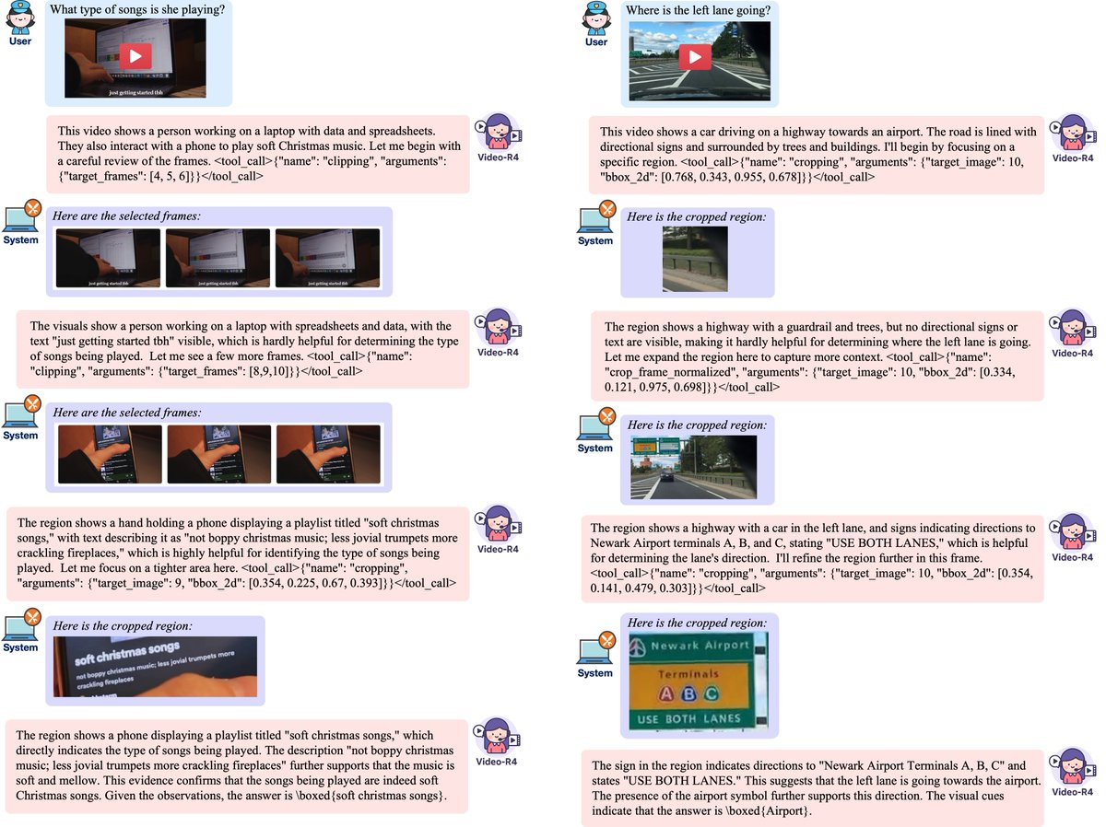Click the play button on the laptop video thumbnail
point(135,55)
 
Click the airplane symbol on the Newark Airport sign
point(635,647)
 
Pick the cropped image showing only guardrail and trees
point(688,261)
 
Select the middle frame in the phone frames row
point(218,453)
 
